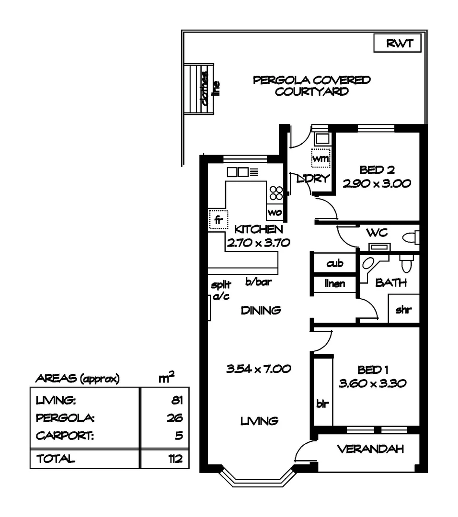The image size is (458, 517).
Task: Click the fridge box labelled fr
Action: click(x=218, y=220)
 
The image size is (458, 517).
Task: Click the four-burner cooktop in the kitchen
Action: click(x=276, y=193)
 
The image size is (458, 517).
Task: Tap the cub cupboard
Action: click(x=334, y=264)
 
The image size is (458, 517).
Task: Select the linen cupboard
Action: click(x=334, y=284)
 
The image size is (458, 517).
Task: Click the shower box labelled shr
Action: click(x=403, y=309)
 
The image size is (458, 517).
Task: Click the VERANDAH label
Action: click(x=370, y=449)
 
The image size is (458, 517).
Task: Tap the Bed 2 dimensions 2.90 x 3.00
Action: click(x=377, y=183)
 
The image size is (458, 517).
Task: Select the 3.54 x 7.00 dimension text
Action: click(x=259, y=369)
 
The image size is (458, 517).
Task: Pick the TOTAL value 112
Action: click(x=175, y=459)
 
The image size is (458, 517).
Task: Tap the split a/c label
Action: click(x=220, y=291)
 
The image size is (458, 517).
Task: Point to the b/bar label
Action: click(x=259, y=282)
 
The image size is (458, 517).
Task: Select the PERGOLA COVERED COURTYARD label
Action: click(x=311, y=86)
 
